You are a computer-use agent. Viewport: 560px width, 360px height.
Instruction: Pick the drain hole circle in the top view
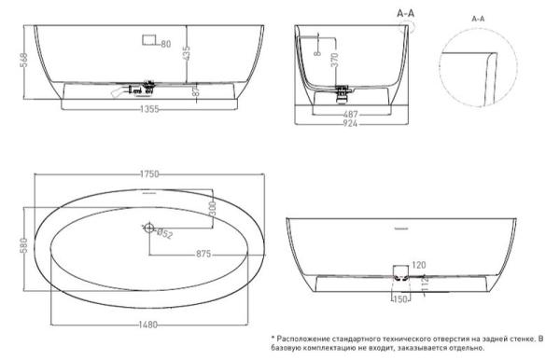[148, 227]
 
